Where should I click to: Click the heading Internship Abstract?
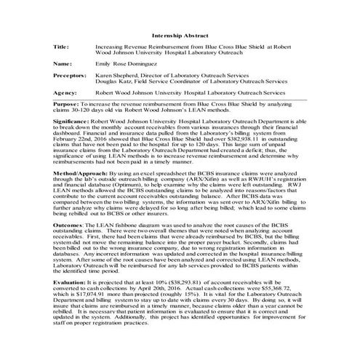(180, 35)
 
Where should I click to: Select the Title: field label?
(62, 47)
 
